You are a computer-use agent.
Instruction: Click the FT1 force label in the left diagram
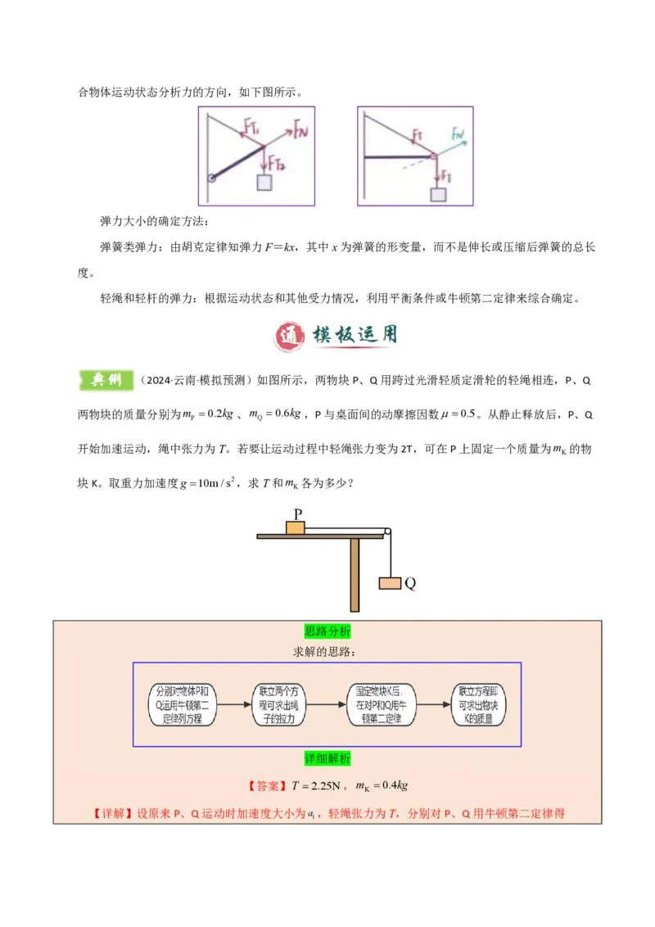(251, 127)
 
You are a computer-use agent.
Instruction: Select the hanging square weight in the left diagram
(264, 183)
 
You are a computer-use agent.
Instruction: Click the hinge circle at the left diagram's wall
(210, 178)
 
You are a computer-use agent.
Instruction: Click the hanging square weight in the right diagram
(439, 194)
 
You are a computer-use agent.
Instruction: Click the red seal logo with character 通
(287, 337)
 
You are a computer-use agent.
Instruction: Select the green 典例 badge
(105, 380)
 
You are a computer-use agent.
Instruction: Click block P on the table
(295, 527)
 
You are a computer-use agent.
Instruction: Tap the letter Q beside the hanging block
(410, 584)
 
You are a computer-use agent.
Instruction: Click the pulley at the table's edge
(386, 531)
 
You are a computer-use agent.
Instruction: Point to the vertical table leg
(355, 574)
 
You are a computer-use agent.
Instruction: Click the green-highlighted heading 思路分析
(327, 631)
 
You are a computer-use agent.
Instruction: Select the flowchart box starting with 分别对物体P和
(182, 704)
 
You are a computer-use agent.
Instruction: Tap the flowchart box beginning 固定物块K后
(382, 704)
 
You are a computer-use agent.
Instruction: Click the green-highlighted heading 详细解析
(327, 759)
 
